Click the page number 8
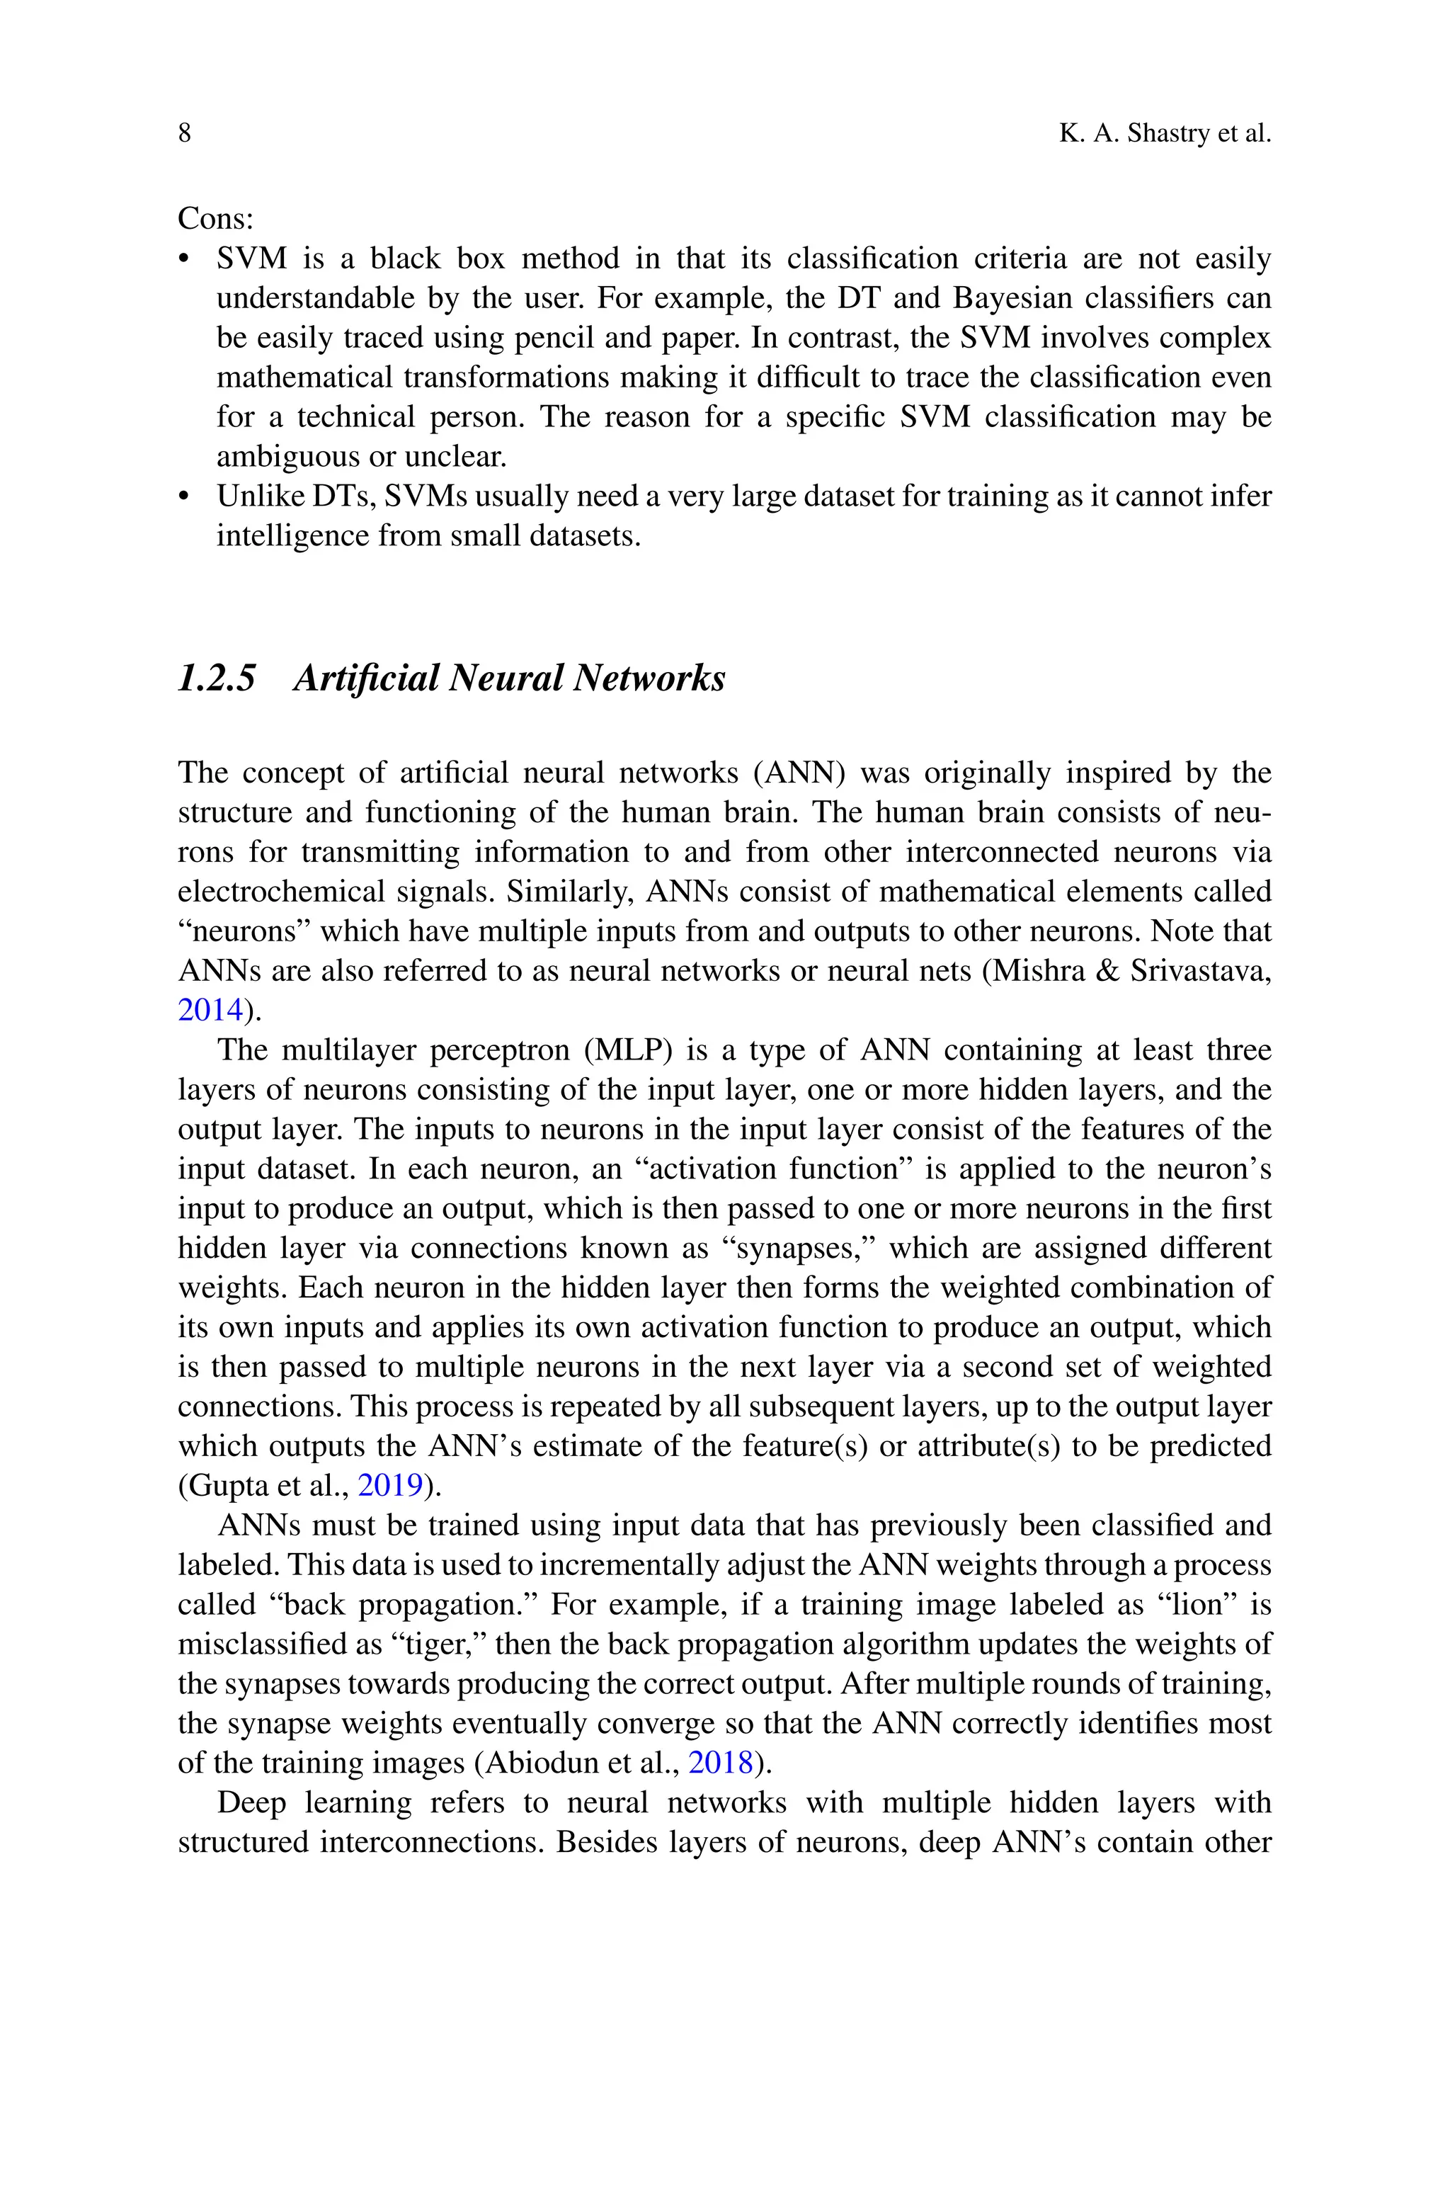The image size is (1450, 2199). coord(184,133)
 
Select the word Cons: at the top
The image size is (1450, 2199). coord(215,218)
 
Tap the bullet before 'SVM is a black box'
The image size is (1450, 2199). coord(183,260)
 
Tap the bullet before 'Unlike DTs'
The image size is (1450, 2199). coord(183,497)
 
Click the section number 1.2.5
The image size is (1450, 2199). coord(217,678)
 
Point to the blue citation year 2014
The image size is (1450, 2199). coord(210,1010)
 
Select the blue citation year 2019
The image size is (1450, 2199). coord(389,1485)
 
